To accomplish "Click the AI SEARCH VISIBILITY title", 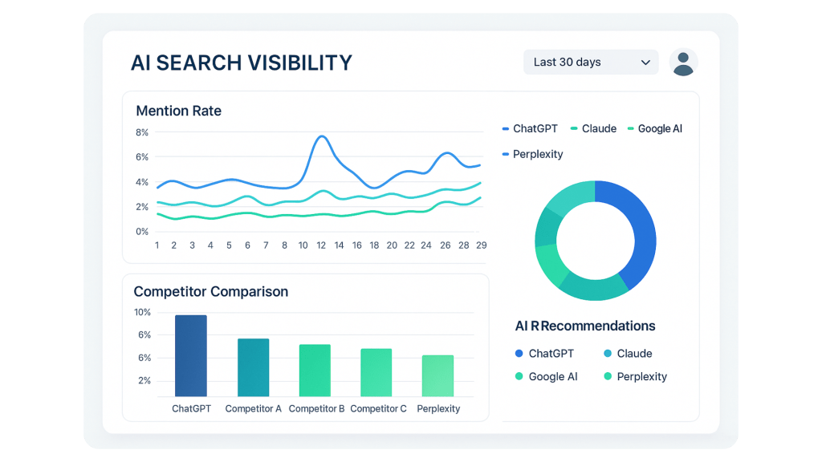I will click(241, 63).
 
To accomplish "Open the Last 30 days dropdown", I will click(590, 62).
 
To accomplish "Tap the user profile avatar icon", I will click(683, 62).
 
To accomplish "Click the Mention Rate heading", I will click(178, 111).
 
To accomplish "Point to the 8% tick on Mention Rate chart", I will click(142, 132).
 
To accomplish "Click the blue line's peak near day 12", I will click(322, 137).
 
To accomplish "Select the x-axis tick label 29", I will click(481, 245).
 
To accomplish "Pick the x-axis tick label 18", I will click(373, 245).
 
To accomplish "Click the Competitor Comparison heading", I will click(210, 291).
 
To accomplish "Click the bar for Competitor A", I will click(253, 367).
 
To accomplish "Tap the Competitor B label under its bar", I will click(316, 408).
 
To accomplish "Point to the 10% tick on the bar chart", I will click(142, 312).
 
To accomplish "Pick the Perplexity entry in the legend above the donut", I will click(538, 154).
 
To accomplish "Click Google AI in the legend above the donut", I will click(660, 128).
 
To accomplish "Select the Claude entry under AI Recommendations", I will click(634, 354).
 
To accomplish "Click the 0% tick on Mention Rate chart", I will click(142, 232).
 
